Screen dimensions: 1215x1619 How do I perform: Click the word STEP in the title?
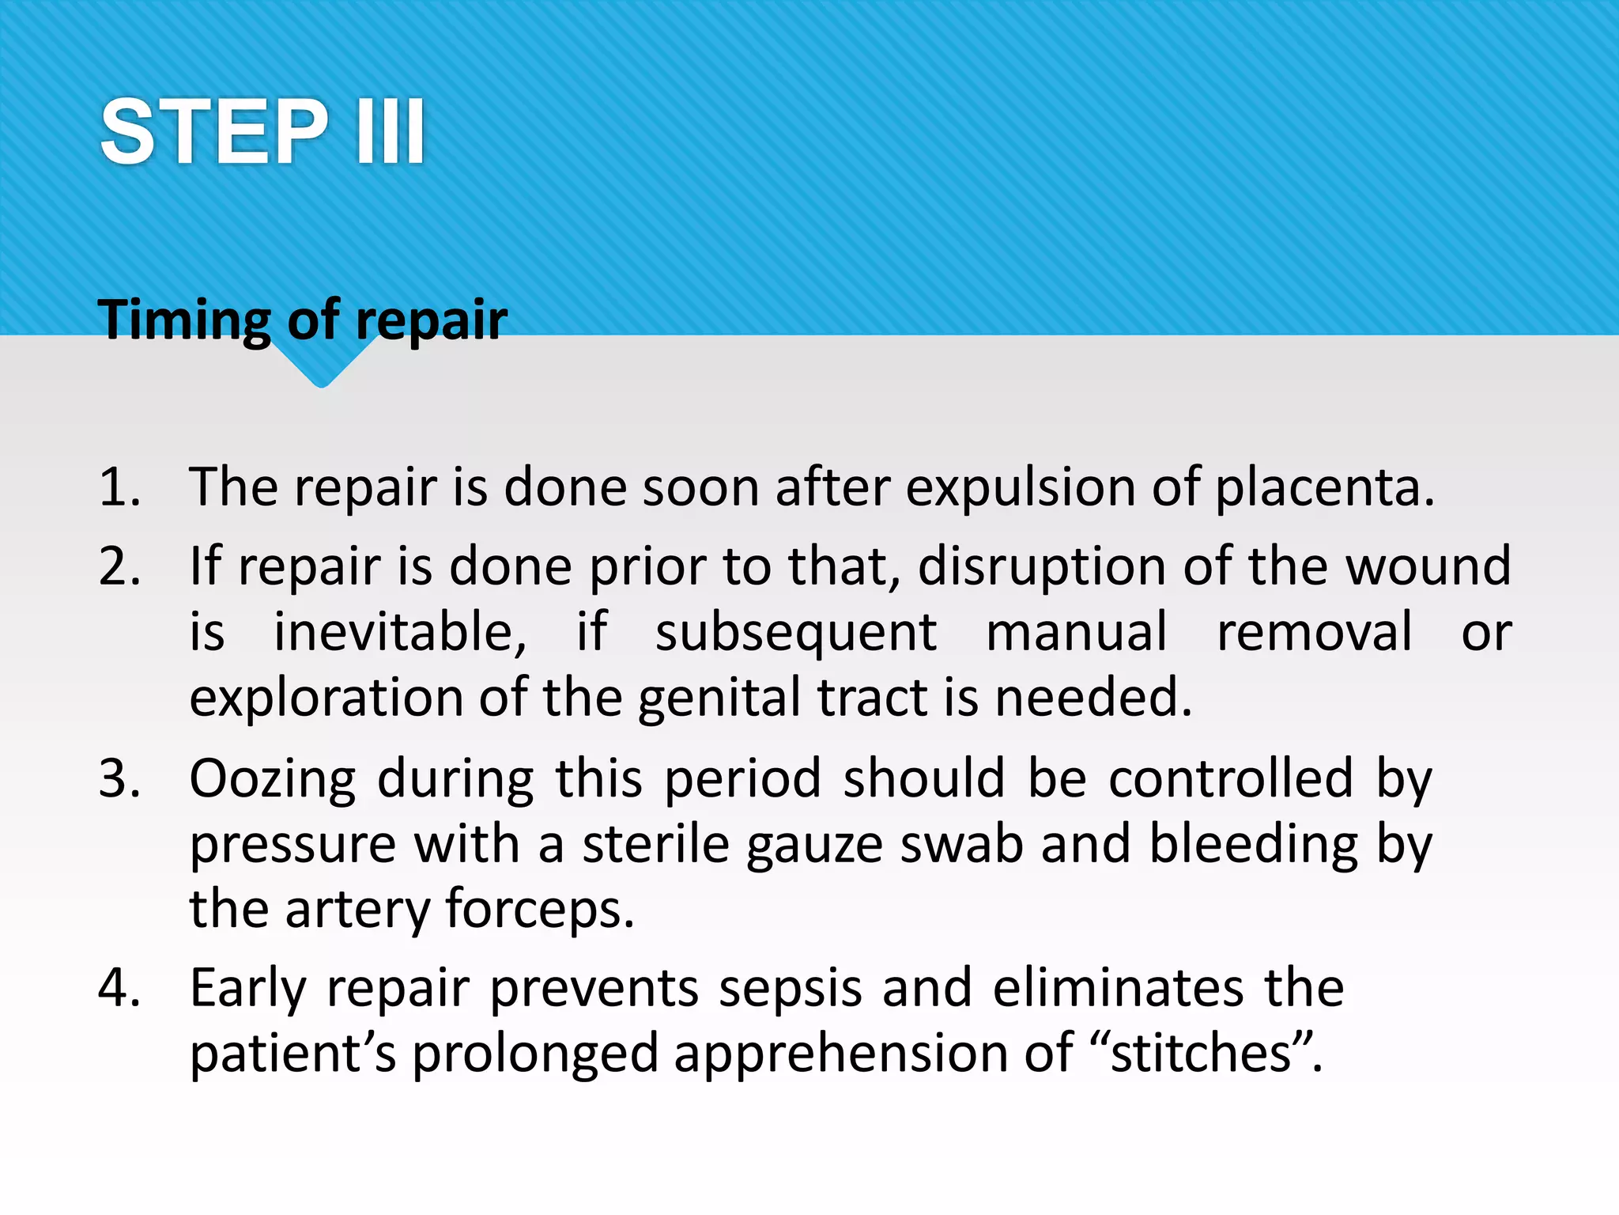[213, 132]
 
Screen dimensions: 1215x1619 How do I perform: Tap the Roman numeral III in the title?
[391, 132]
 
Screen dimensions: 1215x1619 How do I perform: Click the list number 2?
[119, 567]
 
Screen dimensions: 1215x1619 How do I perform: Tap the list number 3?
[119, 778]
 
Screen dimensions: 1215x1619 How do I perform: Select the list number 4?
[119, 988]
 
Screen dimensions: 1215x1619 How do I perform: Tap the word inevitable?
[399, 633]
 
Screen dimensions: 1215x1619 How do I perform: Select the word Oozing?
[273, 780]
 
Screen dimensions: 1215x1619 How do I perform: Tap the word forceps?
[540, 910]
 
